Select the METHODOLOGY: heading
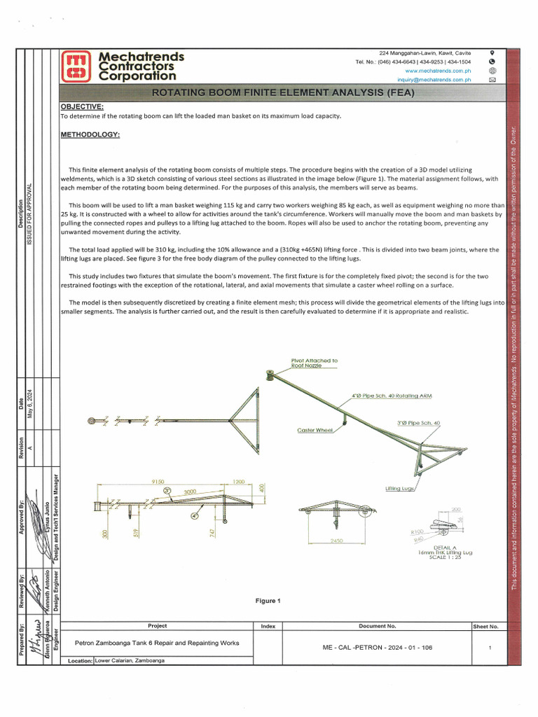(x=90, y=134)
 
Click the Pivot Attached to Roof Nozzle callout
(x=314, y=363)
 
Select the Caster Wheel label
(x=314, y=430)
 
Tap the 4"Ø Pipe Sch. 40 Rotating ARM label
(x=392, y=396)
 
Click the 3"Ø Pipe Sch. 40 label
(x=418, y=423)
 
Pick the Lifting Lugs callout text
(x=400, y=488)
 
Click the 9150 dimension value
(x=158, y=482)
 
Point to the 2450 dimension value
(x=338, y=541)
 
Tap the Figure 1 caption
(x=267, y=601)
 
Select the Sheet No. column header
(x=485, y=627)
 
